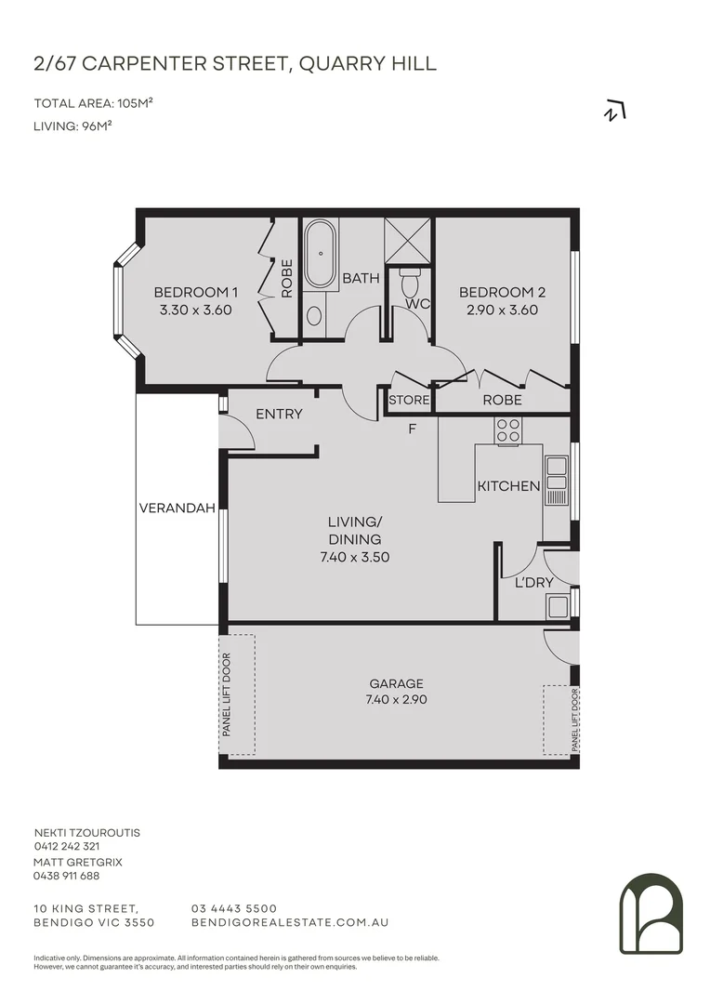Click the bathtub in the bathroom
pyautogui.click(x=322, y=253)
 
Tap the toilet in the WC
pyautogui.click(x=409, y=282)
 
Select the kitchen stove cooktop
pyautogui.click(x=508, y=429)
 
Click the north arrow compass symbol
pyautogui.click(x=614, y=112)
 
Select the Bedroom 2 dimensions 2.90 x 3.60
pyautogui.click(x=503, y=310)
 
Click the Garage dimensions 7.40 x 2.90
pyautogui.click(x=396, y=700)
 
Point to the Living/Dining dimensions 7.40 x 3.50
pyautogui.click(x=354, y=558)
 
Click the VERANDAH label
pyautogui.click(x=177, y=509)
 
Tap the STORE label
pyautogui.click(x=409, y=401)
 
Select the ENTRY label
pyautogui.click(x=279, y=414)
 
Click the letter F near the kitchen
pyautogui.click(x=412, y=429)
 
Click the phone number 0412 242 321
pyautogui.click(x=67, y=847)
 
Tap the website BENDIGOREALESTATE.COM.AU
pyautogui.click(x=289, y=922)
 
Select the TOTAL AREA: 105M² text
pyautogui.click(x=93, y=103)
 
